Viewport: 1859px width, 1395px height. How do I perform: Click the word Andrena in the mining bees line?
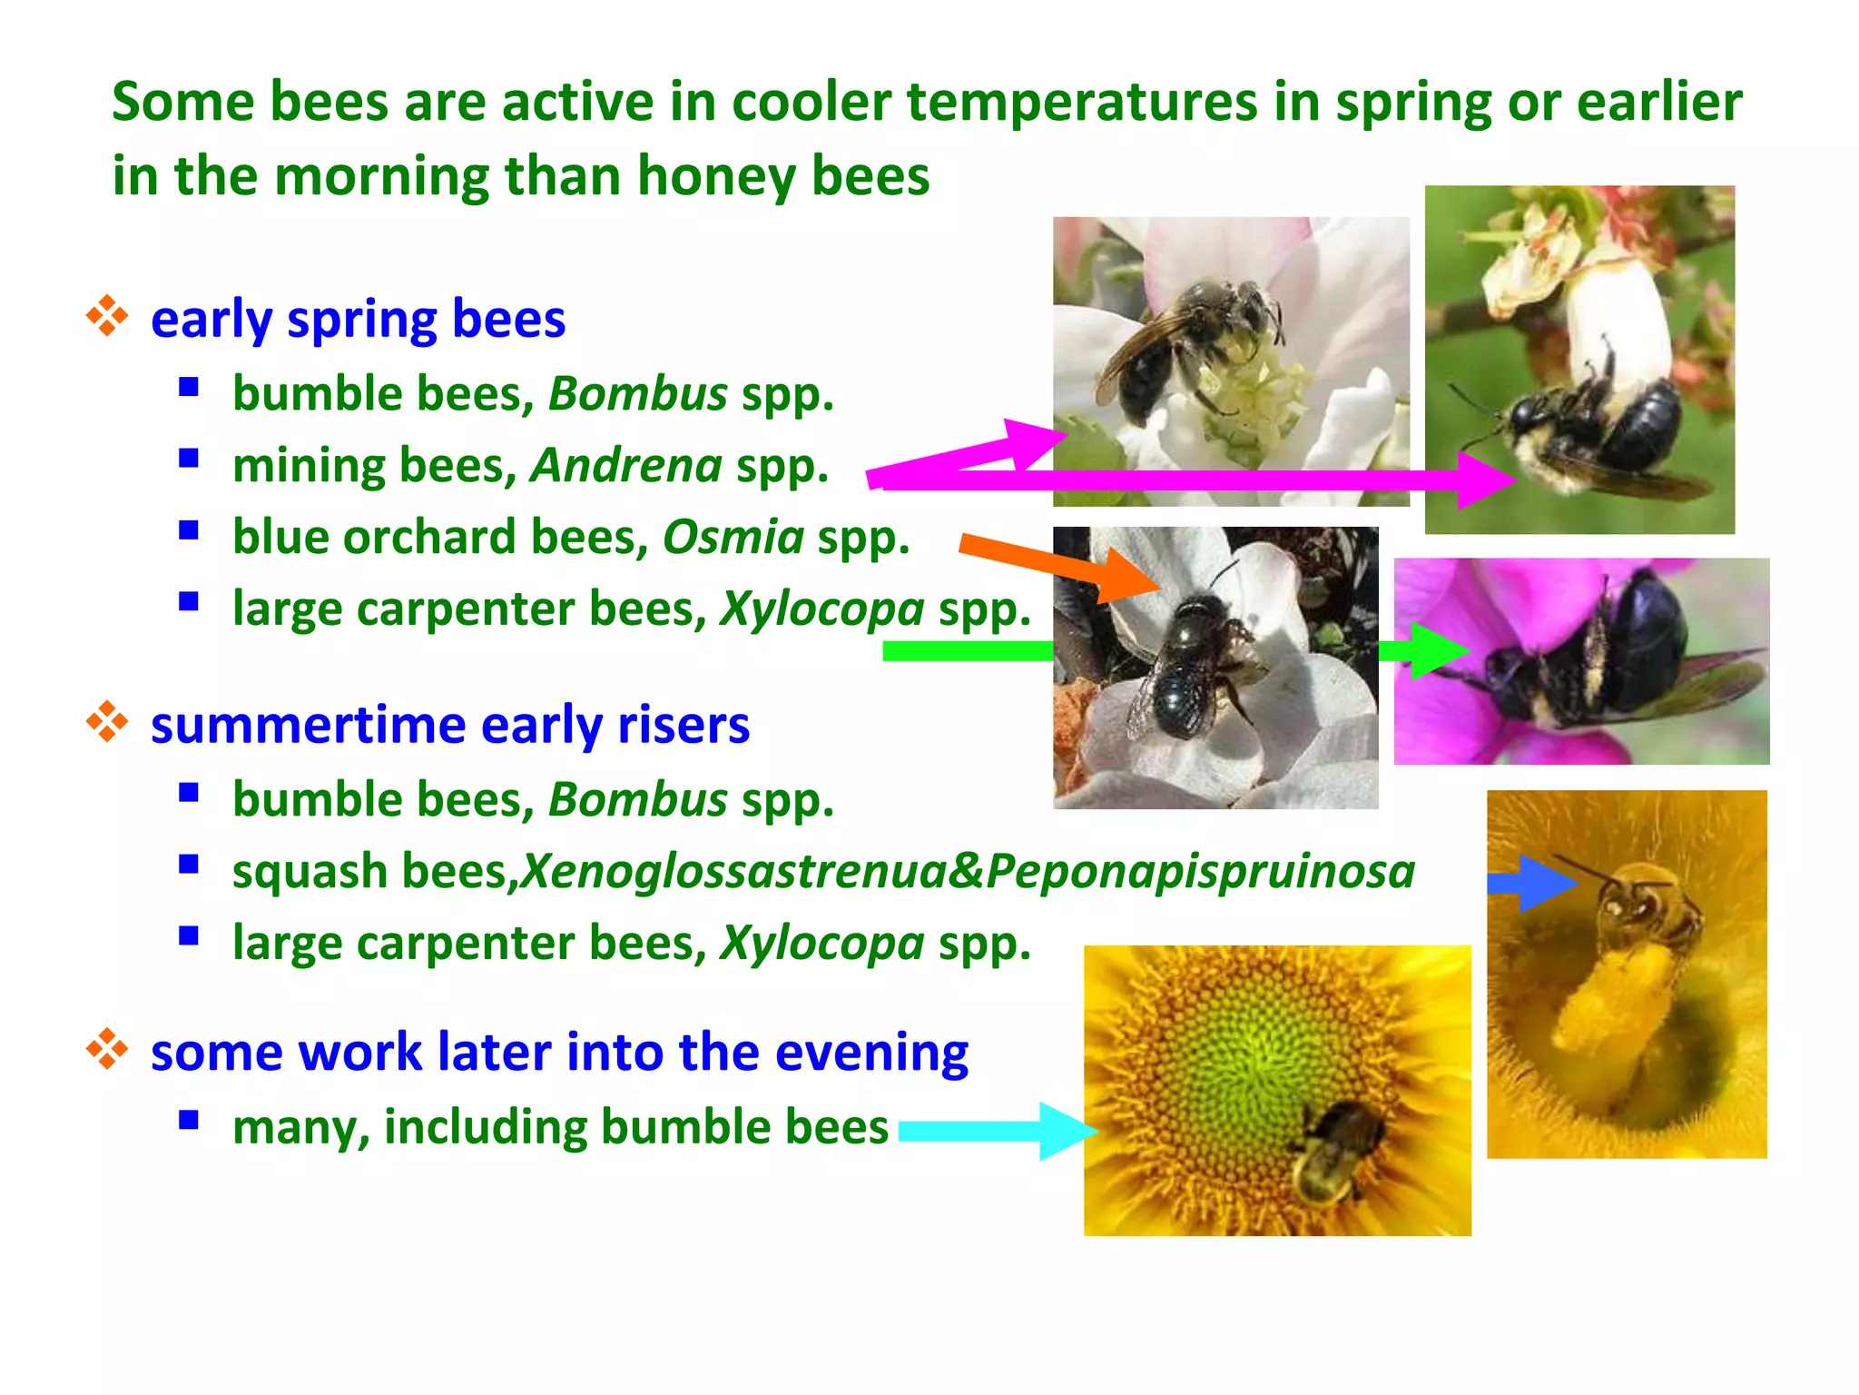626,466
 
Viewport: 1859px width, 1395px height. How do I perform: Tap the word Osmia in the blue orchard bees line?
733,537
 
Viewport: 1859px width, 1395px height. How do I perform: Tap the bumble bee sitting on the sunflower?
1334,1153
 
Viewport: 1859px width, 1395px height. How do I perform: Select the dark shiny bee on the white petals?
1189,663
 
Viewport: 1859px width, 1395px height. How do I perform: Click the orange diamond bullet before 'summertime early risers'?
107,723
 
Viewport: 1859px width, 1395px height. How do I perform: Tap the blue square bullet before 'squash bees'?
189,865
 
